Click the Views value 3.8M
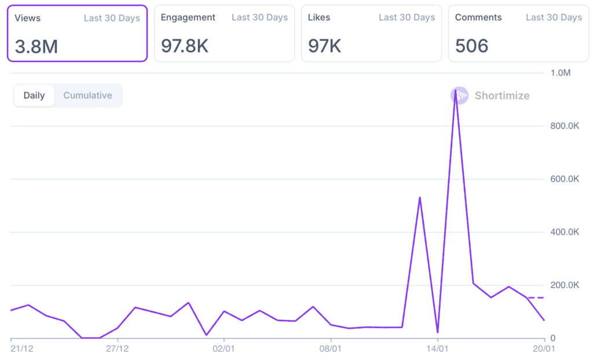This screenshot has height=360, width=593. click(x=36, y=46)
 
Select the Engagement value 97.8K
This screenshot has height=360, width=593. click(x=185, y=46)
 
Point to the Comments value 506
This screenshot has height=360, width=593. click(x=472, y=46)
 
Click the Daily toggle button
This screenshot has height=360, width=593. click(x=34, y=95)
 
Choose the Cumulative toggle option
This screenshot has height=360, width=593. click(x=87, y=95)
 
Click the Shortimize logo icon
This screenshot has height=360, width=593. click(x=459, y=95)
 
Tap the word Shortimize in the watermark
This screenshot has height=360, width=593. click(x=502, y=95)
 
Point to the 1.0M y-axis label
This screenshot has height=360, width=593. click(x=561, y=73)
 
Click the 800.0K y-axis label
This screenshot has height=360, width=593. click(x=565, y=126)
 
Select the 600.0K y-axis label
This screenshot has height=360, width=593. click(x=565, y=179)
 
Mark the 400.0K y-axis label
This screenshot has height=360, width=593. click(x=565, y=232)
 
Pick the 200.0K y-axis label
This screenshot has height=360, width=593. click(x=565, y=285)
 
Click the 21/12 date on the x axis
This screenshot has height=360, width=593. click(x=21, y=348)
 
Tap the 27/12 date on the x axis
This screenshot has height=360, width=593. click(x=118, y=348)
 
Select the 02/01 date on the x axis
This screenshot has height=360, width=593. click(x=224, y=348)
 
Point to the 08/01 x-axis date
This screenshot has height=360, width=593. click(x=331, y=348)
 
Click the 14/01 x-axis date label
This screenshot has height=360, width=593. click(x=437, y=348)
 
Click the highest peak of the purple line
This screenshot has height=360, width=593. click(x=456, y=91)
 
